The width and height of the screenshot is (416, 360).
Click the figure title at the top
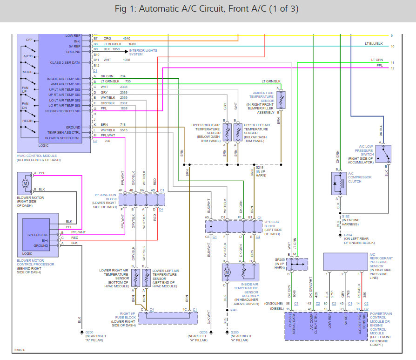tap(208, 9)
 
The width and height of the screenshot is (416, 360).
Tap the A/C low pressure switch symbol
tap(383, 154)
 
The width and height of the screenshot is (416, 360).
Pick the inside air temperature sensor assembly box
tap(242, 272)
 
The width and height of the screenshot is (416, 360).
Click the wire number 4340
tap(127, 38)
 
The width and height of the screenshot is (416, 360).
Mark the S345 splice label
tap(233, 310)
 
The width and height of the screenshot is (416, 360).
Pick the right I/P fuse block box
tap(168, 318)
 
